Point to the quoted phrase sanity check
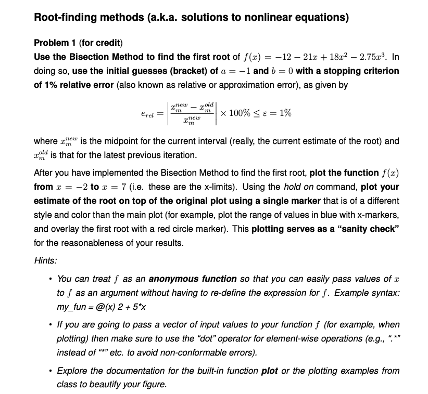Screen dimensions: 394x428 pyautogui.click(x=367, y=228)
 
